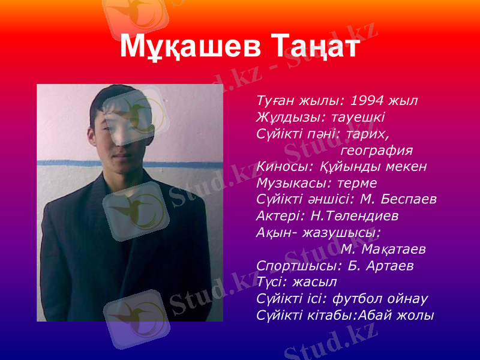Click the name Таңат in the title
[x=315, y=46]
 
